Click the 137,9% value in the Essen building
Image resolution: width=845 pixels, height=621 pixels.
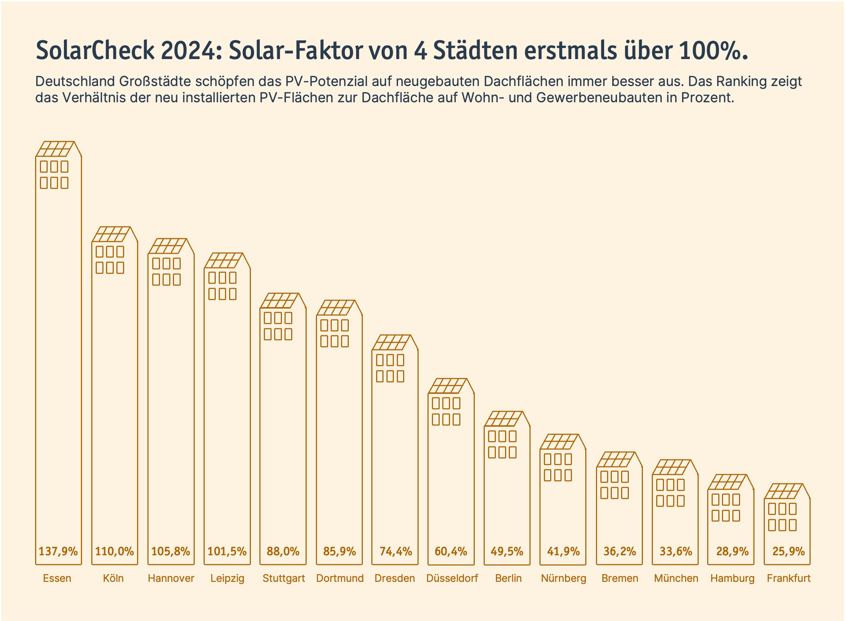pyautogui.click(x=58, y=552)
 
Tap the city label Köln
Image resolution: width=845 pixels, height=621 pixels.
pyautogui.click(x=113, y=578)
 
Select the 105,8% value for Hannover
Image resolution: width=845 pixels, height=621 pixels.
pyautogui.click(x=170, y=552)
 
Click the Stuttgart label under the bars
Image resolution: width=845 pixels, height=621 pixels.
pyautogui.click(x=284, y=578)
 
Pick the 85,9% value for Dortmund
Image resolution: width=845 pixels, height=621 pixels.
pyautogui.click(x=339, y=552)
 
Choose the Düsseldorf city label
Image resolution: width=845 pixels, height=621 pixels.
pyautogui.click(x=452, y=578)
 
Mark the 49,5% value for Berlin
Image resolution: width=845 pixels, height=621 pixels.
pyautogui.click(x=507, y=552)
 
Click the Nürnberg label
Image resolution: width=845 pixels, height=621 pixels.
pyautogui.click(x=563, y=578)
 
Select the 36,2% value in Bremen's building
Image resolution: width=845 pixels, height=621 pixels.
pyautogui.click(x=620, y=552)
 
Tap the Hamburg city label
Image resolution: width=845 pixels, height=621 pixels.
pyautogui.click(x=732, y=578)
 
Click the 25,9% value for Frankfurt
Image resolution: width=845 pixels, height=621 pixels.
pyautogui.click(x=788, y=552)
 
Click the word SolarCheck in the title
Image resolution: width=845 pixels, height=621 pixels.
pyautogui.click(x=95, y=50)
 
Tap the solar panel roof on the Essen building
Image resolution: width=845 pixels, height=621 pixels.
pyautogui.click(x=55, y=149)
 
